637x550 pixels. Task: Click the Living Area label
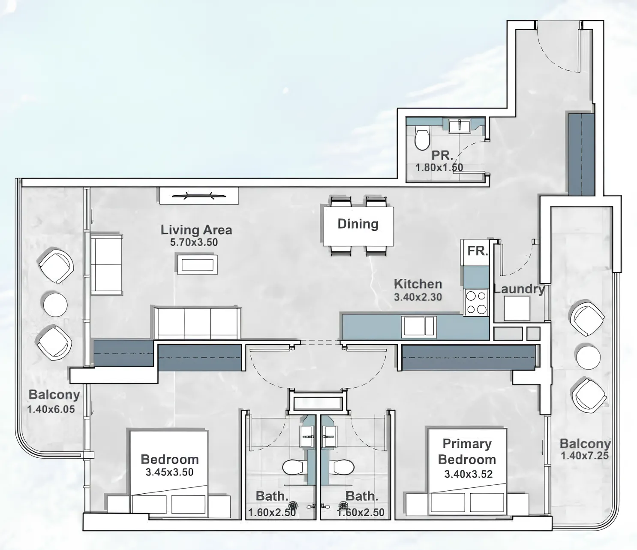point(196,230)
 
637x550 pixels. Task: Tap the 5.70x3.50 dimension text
point(194,242)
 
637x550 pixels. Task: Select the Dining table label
point(358,224)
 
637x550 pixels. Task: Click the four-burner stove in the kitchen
point(476,302)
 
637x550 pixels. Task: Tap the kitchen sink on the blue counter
point(418,326)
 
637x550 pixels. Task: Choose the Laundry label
point(519,289)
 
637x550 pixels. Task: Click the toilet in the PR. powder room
point(421,139)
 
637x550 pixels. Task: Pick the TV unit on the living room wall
point(199,196)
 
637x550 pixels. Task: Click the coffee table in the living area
point(197,264)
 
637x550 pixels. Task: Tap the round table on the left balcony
point(55,304)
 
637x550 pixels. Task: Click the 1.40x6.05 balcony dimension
point(51,410)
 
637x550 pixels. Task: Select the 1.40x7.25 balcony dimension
point(585,456)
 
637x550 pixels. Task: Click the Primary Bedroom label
point(467,452)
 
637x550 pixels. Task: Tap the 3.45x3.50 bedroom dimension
point(169,472)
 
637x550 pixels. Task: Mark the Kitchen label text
point(418,284)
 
